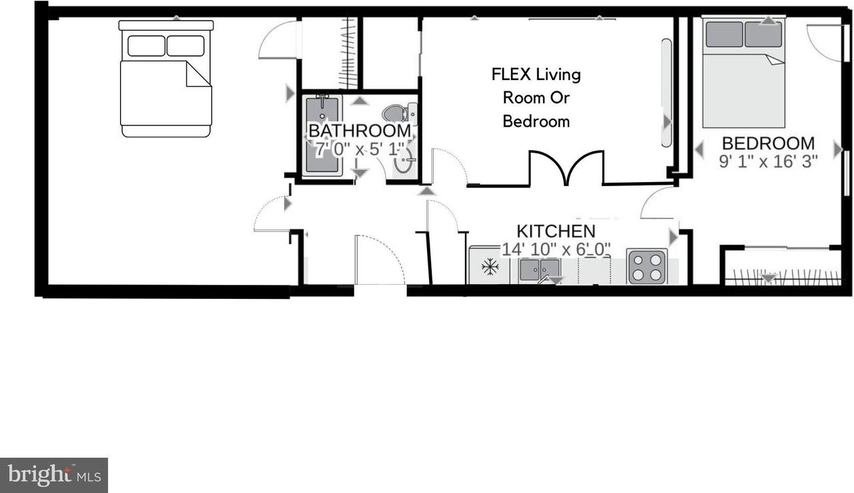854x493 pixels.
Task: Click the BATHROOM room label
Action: click(359, 130)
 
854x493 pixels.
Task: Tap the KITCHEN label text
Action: click(556, 231)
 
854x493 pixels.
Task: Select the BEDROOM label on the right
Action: click(768, 143)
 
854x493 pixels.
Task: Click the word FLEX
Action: click(511, 74)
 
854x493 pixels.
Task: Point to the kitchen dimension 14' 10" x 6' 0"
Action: click(556, 249)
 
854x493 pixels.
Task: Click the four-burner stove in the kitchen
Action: click(647, 266)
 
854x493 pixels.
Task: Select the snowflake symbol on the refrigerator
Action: click(490, 268)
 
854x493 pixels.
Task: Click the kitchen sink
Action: click(540, 270)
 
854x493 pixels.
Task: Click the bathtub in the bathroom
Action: click(324, 135)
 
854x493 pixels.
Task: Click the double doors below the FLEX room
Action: click(566, 169)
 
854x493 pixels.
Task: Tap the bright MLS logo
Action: click(54, 475)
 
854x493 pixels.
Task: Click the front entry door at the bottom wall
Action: click(380, 261)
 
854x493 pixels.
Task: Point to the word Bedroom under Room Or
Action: click(536, 121)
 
